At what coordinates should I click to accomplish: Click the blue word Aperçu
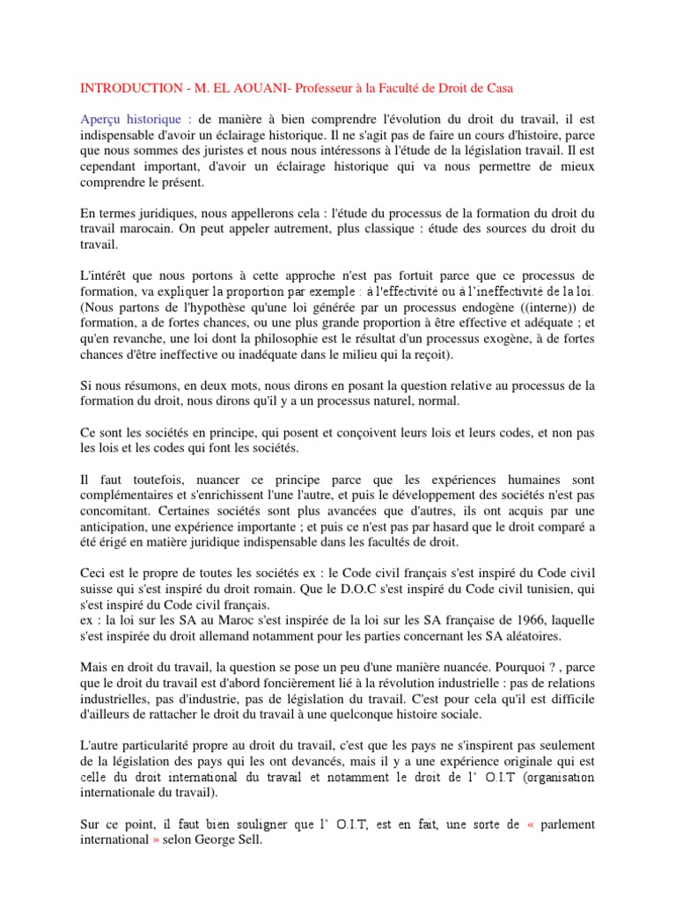103,119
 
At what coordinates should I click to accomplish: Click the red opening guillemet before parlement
530,824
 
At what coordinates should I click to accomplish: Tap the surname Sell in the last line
249,840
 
